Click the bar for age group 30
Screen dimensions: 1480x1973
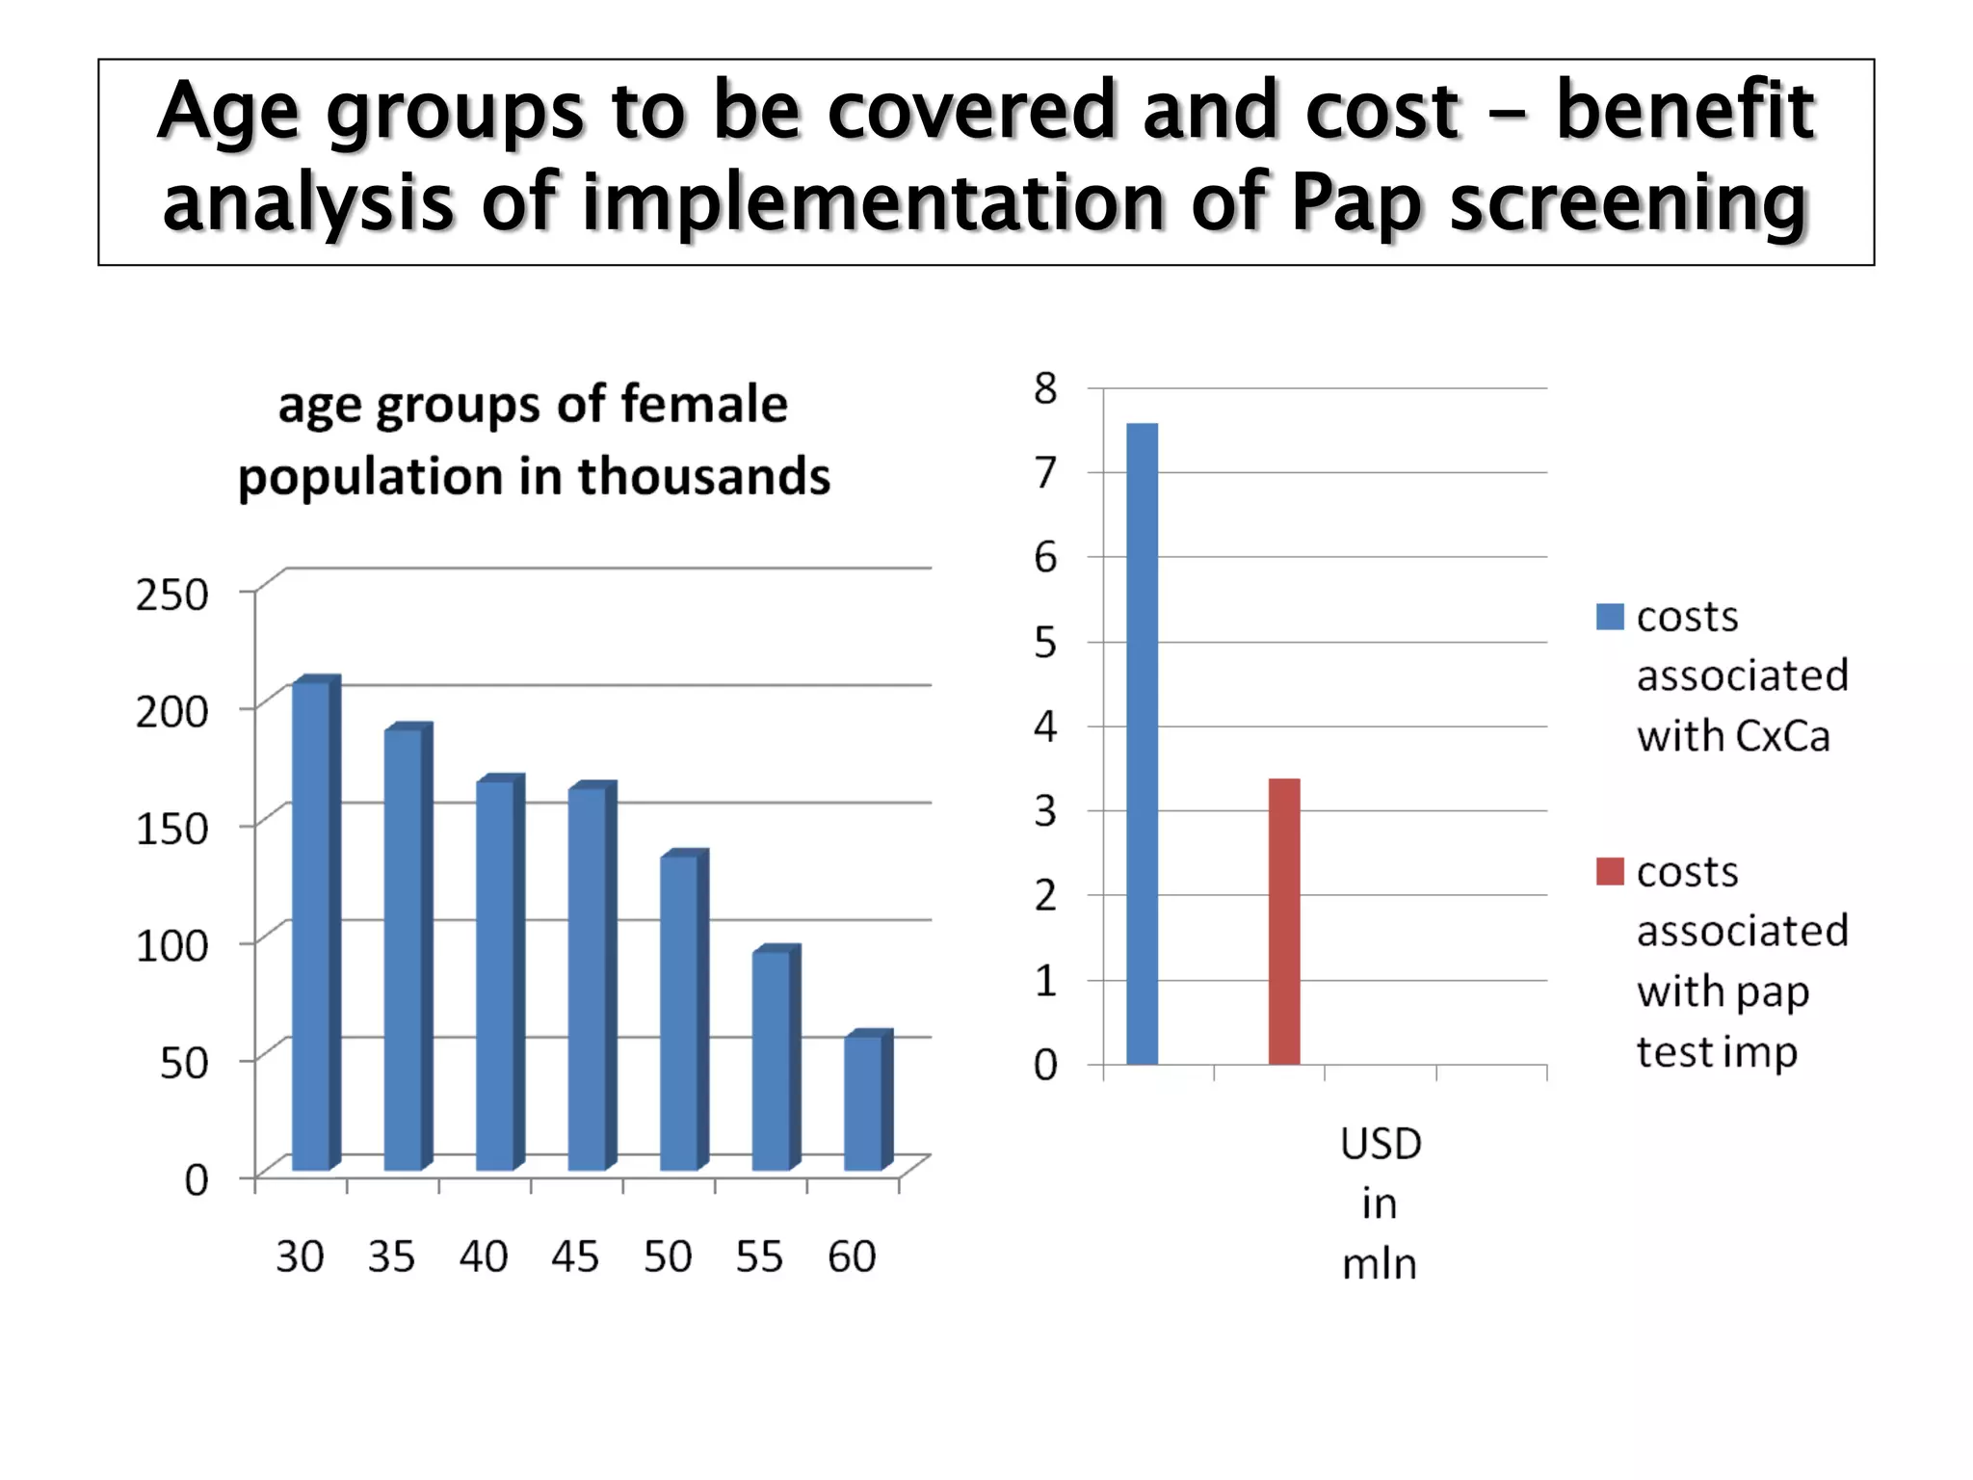(311, 925)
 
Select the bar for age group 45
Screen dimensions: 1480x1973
(588, 978)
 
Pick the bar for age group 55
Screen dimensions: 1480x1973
(772, 1060)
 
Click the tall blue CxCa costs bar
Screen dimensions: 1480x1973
(1142, 742)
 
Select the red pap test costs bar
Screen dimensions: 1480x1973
(1284, 920)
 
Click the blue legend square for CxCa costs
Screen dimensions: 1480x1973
(1609, 617)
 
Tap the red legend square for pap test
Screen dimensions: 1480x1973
(1609, 871)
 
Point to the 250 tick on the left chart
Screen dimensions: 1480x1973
(171, 595)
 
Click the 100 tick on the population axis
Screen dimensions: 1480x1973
(171, 945)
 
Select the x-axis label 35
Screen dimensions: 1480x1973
(391, 1256)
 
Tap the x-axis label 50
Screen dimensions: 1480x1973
(668, 1256)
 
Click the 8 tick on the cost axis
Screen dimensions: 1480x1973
(1045, 388)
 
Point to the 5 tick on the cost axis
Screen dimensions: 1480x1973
(1045, 642)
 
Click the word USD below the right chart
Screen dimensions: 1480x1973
(1381, 1144)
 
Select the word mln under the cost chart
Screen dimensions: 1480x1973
(1380, 1264)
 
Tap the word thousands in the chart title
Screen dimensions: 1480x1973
(703, 476)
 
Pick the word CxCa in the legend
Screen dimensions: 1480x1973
(1781, 737)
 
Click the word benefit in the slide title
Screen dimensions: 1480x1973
(1685, 110)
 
